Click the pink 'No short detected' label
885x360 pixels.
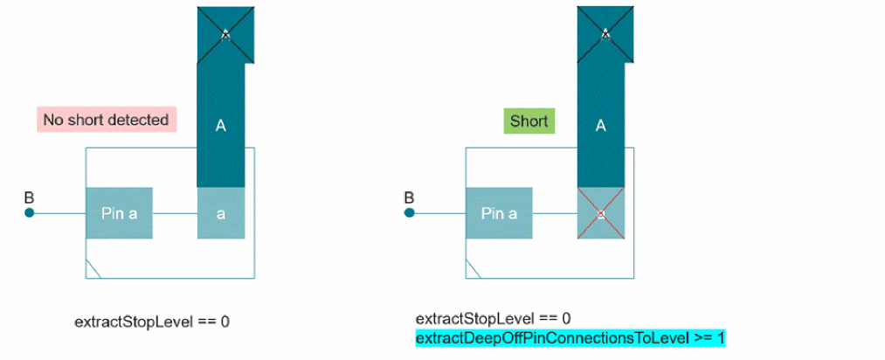(x=107, y=120)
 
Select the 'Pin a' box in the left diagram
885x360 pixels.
(x=120, y=213)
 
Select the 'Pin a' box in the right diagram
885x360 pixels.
(x=500, y=213)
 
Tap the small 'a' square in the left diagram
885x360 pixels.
(x=220, y=213)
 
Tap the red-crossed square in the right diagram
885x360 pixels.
(x=600, y=213)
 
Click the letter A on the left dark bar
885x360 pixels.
(x=220, y=126)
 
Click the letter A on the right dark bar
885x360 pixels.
(x=600, y=126)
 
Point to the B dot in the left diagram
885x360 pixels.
(x=29, y=213)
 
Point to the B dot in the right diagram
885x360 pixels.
(x=409, y=213)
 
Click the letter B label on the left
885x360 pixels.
(x=29, y=197)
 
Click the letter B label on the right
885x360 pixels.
(x=409, y=197)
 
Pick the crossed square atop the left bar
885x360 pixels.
(x=225, y=34)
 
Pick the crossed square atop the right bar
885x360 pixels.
(x=605, y=34)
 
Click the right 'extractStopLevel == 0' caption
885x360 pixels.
(x=493, y=317)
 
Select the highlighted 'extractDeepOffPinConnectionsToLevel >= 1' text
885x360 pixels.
(x=570, y=337)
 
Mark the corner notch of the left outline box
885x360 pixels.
(x=93, y=270)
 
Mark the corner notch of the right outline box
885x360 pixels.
(x=473, y=270)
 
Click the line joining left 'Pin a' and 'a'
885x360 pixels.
(x=175, y=213)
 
